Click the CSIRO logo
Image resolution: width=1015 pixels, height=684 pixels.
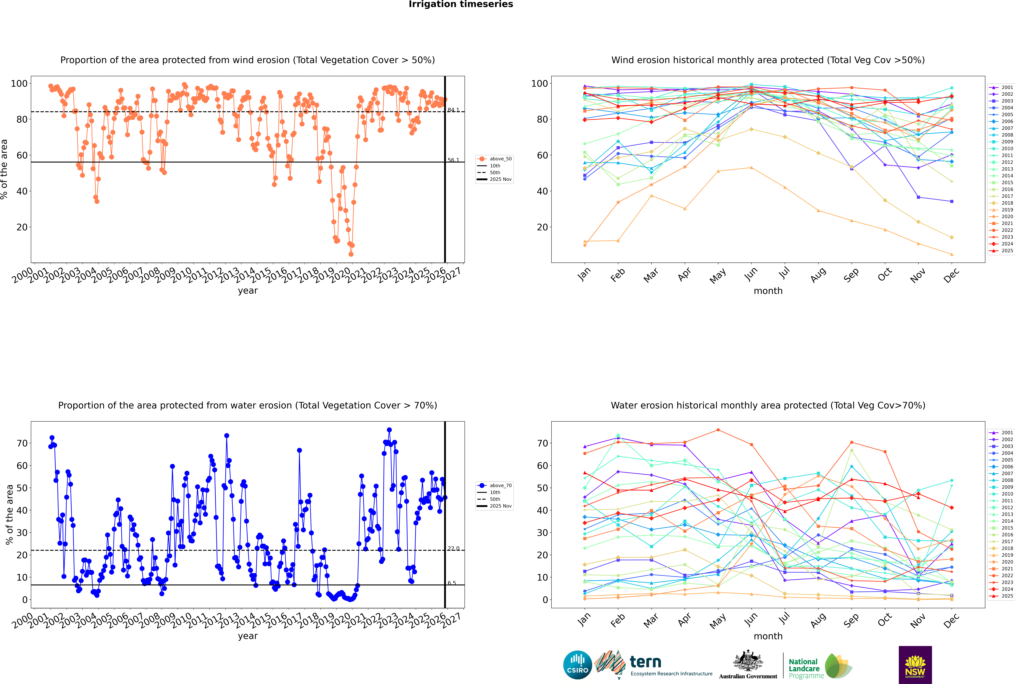pos(577,665)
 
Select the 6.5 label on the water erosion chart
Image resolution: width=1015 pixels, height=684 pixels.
pos(452,583)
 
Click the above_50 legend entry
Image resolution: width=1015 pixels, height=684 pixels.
pos(500,159)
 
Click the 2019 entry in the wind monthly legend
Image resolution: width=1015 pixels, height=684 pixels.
pos(1007,210)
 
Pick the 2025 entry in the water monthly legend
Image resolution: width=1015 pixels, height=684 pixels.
pos(1007,596)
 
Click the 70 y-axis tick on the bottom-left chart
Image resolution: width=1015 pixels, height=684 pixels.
pos(22,443)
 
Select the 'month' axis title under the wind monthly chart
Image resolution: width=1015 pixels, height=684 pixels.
pos(768,291)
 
